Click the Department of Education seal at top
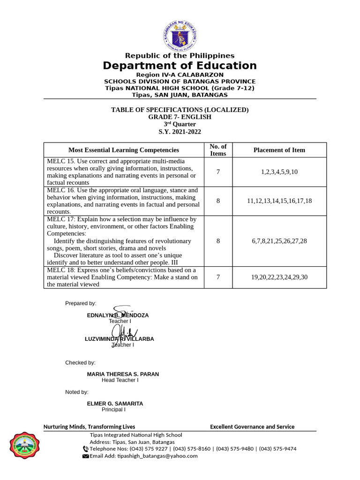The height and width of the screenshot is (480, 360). [180, 35]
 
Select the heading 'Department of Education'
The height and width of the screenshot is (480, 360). [180, 66]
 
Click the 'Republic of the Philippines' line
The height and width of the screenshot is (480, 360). [180, 56]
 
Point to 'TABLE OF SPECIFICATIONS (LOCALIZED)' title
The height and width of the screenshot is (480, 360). [180, 110]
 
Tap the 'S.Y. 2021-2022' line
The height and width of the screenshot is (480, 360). [180, 132]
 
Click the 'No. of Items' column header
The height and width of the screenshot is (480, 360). [218, 150]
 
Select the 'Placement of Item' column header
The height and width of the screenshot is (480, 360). [279, 150]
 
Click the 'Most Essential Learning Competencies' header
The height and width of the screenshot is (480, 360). [124, 150]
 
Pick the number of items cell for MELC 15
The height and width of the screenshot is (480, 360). [218, 172]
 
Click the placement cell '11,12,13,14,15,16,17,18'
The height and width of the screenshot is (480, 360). [279, 201]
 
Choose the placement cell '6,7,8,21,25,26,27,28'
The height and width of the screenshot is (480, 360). [279, 241]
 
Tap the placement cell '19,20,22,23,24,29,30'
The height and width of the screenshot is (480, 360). [279, 277]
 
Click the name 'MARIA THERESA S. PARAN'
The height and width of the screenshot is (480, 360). [123, 374]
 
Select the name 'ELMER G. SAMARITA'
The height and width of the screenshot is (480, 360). [115, 404]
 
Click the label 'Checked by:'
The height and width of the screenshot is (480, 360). [80, 362]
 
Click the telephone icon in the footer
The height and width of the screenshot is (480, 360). [85, 449]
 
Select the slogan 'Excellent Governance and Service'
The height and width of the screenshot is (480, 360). [252, 427]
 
